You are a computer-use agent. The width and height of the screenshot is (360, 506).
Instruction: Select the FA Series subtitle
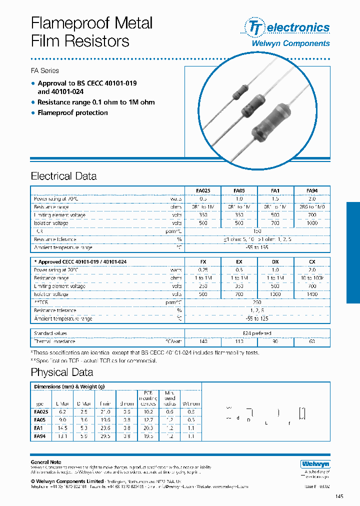[x=45, y=70]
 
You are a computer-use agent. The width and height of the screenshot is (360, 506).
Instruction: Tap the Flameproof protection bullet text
[x=72, y=113]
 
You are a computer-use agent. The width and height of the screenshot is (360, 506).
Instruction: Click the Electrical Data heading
[x=63, y=176]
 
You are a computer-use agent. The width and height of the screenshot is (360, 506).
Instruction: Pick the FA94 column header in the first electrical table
[x=311, y=190]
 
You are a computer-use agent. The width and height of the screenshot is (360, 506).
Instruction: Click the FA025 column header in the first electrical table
[x=203, y=190]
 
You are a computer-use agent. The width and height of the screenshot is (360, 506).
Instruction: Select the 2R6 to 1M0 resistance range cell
[x=311, y=206]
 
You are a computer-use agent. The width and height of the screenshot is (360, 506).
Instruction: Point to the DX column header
[x=275, y=261]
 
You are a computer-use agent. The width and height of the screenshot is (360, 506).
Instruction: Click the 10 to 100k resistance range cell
[x=311, y=277]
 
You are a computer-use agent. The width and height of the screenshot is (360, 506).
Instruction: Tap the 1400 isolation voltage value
[x=311, y=294]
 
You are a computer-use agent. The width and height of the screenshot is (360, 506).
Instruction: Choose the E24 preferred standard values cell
[x=257, y=333]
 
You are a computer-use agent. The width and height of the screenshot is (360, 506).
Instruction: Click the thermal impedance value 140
[x=203, y=341]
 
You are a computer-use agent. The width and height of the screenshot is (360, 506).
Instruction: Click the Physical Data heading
[x=61, y=372]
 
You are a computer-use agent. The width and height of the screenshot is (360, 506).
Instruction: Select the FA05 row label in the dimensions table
[x=41, y=420]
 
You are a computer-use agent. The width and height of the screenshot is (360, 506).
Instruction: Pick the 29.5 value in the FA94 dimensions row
[x=105, y=436]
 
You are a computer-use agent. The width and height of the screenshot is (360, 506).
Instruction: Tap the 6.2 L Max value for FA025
[x=62, y=412]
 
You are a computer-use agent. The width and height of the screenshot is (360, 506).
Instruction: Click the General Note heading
[x=46, y=462]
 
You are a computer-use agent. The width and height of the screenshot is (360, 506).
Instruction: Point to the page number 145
[x=339, y=496]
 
